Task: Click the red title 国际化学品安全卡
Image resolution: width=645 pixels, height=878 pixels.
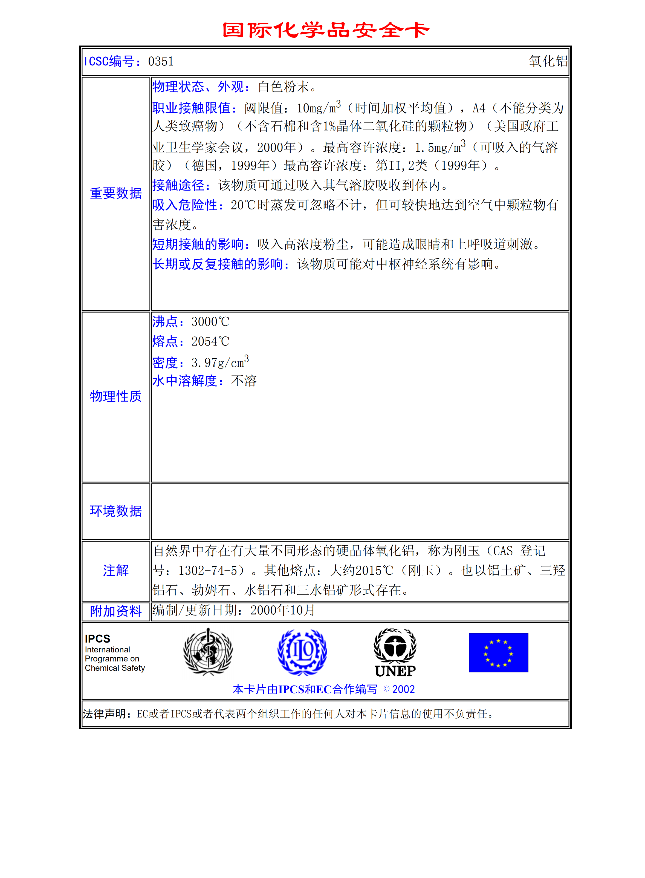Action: coord(326,30)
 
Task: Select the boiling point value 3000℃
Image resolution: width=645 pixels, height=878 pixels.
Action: coord(210,322)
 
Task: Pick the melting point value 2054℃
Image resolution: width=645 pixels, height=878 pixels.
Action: coord(210,341)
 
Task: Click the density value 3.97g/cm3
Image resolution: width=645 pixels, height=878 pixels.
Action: coord(220,362)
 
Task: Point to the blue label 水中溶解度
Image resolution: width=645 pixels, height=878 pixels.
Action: coord(185,381)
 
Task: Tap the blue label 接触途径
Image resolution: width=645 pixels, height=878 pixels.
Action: coord(178,185)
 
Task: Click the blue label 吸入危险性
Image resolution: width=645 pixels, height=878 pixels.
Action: coord(185,205)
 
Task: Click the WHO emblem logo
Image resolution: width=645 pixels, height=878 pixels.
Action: coord(208,652)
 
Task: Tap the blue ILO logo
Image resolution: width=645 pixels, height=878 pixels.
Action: coord(302,652)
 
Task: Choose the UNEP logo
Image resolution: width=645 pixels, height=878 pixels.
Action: coord(395,653)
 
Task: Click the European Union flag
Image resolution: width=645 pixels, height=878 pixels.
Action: coord(498,652)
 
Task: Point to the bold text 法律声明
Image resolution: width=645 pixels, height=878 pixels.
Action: coord(104,714)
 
